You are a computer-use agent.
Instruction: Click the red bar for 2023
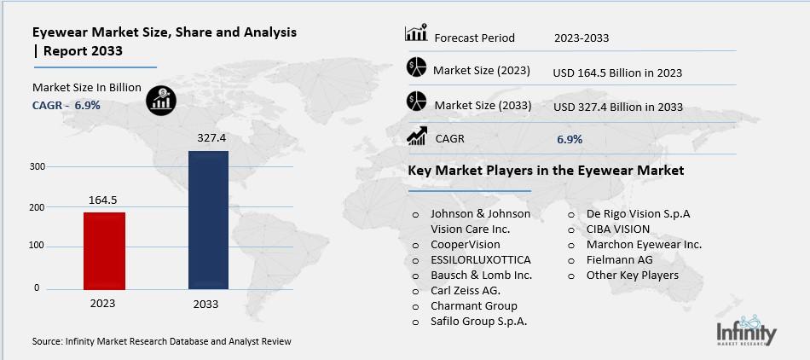coord(104,251)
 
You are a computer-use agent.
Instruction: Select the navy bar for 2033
coord(208,221)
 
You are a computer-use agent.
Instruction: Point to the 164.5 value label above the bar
coord(103,200)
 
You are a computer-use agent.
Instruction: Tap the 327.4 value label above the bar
coord(209,137)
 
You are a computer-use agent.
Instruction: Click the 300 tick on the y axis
coord(37,166)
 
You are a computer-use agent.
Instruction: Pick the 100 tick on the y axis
coord(37,247)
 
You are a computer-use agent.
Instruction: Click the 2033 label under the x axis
coord(205,305)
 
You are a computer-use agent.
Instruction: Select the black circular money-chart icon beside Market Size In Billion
coord(160,100)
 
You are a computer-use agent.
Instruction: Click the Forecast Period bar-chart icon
coord(416,35)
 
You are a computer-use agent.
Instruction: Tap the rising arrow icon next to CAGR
coord(417,136)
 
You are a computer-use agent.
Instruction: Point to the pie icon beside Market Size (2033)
coord(417,103)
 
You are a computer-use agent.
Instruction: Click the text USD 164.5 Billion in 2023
coord(617,73)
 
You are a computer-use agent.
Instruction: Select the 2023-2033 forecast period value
coord(581,38)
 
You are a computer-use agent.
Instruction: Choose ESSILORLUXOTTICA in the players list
coord(480,259)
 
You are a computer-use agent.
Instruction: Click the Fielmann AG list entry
coord(619,259)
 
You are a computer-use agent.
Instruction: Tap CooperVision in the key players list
coord(465,244)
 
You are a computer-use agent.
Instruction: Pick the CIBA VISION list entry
coord(617,229)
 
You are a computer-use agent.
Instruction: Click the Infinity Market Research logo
coord(746,329)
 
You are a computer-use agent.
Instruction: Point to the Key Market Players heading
coord(546,171)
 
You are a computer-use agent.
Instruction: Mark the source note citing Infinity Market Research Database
coord(162,341)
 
